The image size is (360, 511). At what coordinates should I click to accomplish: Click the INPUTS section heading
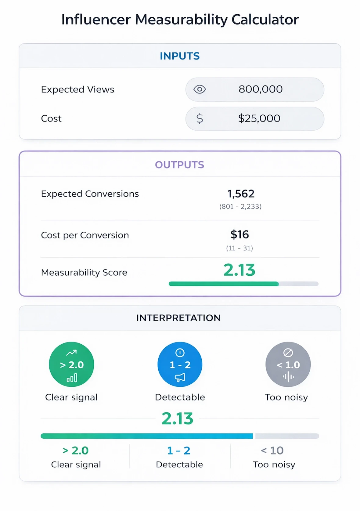[x=180, y=56]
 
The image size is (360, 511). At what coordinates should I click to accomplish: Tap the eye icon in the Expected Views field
[x=200, y=89]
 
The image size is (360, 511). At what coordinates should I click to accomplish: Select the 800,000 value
[x=261, y=89]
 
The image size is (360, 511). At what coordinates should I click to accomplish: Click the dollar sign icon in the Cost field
[x=200, y=118]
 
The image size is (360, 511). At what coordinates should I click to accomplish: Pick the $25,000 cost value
[x=259, y=118]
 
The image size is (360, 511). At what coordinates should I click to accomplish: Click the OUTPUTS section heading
[x=179, y=165]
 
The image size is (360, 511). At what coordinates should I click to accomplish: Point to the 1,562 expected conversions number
[x=241, y=194]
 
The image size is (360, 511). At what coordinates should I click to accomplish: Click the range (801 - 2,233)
[x=240, y=207]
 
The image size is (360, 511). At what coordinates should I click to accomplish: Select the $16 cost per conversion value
[x=239, y=234]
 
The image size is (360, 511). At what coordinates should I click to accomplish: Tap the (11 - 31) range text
[x=239, y=248]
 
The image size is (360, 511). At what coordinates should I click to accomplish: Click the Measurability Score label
[x=84, y=272]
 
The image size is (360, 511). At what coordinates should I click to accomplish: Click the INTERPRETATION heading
[x=178, y=318]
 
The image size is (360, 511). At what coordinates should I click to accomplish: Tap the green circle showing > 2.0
[x=71, y=364]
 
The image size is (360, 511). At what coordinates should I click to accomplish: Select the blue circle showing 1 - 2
[x=180, y=364]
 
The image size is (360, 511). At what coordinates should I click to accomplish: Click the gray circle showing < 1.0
[x=288, y=364]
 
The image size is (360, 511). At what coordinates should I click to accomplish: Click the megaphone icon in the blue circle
[x=180, y=378]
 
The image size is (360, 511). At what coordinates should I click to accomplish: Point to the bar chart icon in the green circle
[x=72, y=379]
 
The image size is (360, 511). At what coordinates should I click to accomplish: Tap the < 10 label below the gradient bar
[x=272, y=451]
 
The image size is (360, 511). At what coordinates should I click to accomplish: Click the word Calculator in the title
[x=265, y=20]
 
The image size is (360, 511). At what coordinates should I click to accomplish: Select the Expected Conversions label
[x=90, y=194]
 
